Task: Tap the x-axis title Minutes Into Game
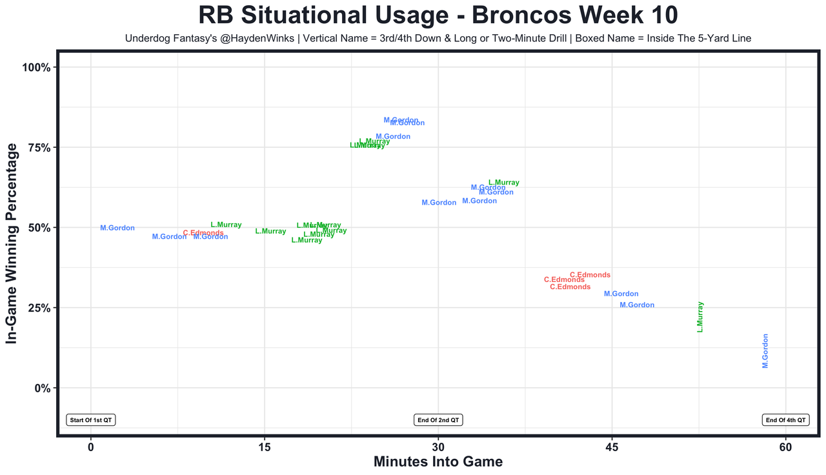438,461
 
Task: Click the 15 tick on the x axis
265,447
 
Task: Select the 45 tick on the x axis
612,447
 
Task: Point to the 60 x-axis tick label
785,447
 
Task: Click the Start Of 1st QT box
91,420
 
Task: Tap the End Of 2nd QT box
438,420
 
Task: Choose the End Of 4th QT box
785,420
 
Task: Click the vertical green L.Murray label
700,317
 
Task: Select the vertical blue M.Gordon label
765,351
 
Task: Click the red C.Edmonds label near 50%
203,233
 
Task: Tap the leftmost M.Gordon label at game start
117,228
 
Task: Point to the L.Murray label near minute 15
270,231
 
